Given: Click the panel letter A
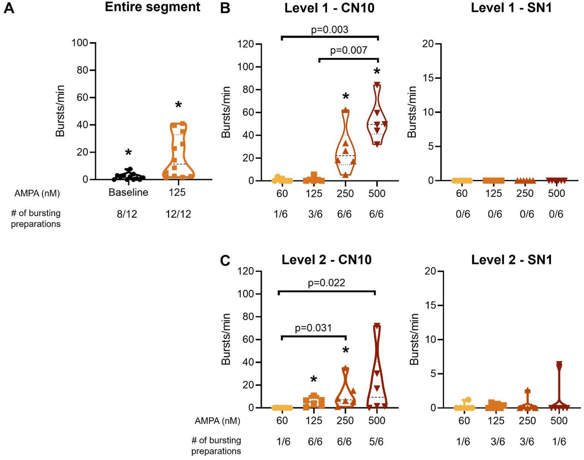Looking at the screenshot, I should coord(9,8).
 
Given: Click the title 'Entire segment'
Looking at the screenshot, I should coord(152,7).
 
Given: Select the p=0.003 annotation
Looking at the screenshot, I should coord(330,30).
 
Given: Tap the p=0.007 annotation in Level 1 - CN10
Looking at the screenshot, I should coord(348,50).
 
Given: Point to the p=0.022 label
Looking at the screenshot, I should coord(326,283).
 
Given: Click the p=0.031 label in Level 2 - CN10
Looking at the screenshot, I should coord(313,328).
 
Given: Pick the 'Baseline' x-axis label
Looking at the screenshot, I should coord(128,193).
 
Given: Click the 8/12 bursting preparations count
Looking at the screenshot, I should coord(127,214).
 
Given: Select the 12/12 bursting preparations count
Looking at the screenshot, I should coord(178,214).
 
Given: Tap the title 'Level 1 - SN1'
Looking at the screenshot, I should coord(511,8).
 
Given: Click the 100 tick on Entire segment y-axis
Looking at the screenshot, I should coord(80,43).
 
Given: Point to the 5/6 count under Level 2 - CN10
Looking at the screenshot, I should coord(376,441).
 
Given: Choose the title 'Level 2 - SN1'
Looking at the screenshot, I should coord(511,260).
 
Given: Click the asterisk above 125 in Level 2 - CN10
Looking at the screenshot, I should coord(314,379).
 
